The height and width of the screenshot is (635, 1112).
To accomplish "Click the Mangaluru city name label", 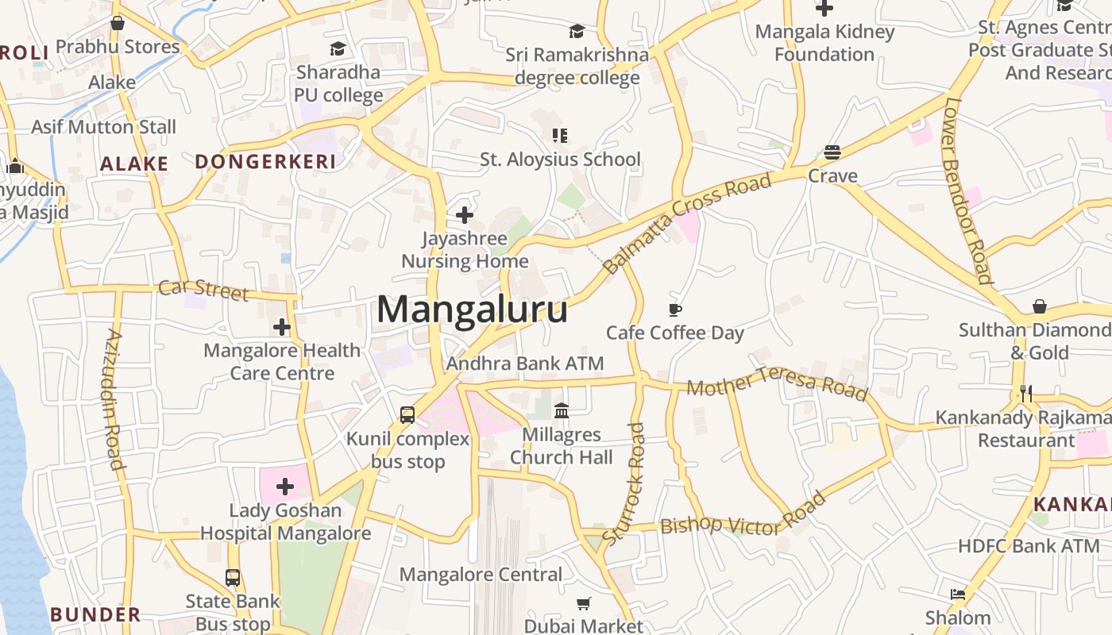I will tap(472, 310).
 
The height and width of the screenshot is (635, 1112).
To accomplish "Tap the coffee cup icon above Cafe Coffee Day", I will tap(675, 310).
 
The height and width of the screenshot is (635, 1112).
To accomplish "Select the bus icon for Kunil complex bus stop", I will tap(407, 414).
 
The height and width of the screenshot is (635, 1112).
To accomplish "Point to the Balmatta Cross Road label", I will tap(688, 223).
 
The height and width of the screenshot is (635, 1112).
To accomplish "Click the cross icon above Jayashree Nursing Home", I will tap(465, 214).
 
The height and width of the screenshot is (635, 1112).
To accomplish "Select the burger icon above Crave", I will tap(832, 152).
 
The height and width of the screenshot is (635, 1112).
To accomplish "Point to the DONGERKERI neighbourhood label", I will tap(265, 162).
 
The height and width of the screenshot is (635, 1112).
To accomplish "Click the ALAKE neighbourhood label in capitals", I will tap(134, 164).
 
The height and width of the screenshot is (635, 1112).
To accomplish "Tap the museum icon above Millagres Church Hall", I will tap(562, 410).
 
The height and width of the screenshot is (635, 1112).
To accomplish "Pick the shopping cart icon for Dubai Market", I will tap(584, 603).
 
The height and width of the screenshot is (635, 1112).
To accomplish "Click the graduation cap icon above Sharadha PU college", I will tap(338, 48).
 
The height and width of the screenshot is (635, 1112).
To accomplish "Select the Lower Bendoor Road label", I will tap(967, 190).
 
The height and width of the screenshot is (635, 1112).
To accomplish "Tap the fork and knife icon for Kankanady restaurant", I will tap(1026, 393).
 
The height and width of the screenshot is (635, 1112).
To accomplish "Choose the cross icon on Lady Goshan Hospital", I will tap(284, 487).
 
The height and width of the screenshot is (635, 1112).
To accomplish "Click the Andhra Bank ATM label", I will tap(525, 364).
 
